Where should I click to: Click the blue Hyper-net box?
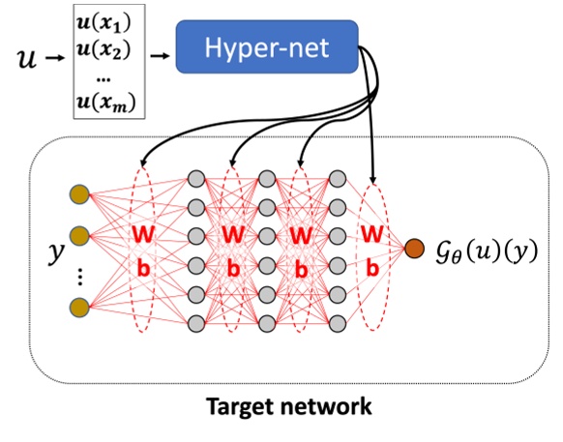click(267, 47)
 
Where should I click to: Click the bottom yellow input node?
click(78, 307)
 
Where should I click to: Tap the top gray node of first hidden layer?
click(196, 179)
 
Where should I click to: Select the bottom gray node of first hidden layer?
click(196, 322)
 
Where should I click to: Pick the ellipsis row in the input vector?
click(115, 74)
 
